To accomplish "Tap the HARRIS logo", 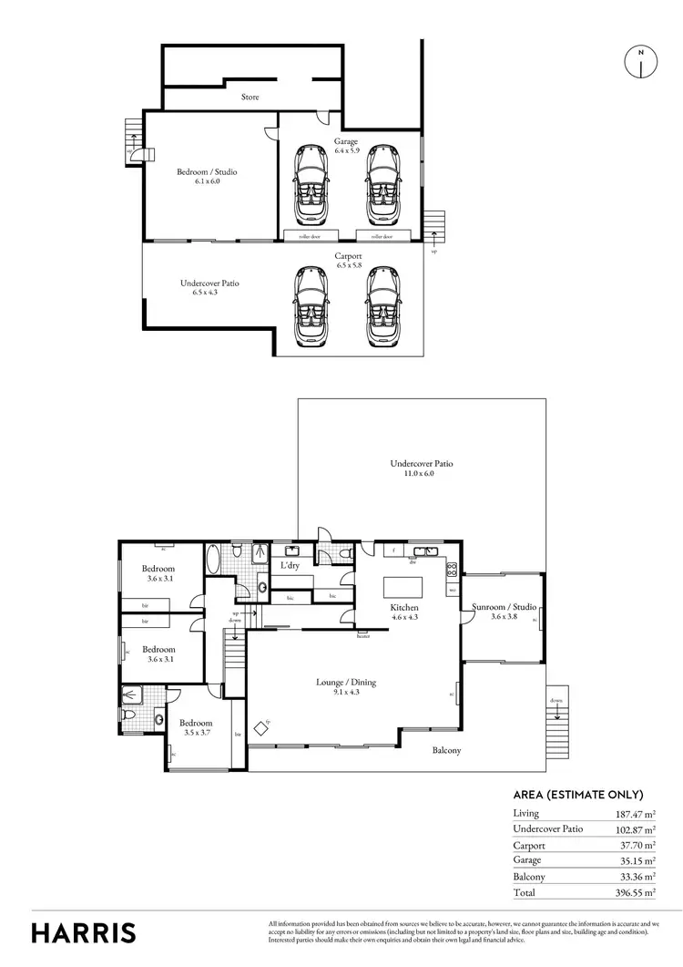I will [84, 932].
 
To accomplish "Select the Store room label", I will [250, 97].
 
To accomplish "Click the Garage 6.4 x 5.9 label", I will [346, 147].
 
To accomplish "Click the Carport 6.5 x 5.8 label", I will [349, 261].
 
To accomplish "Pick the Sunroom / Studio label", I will [504, 611].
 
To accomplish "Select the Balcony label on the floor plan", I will [446, 751].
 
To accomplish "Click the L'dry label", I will [291, 566].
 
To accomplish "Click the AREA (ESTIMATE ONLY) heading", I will [578, 794].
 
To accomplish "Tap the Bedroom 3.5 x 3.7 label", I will [196, 727].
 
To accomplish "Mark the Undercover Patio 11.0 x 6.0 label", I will [422, 468].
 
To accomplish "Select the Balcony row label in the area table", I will [529, 877].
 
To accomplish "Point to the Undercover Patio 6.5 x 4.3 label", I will [209, 288].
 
